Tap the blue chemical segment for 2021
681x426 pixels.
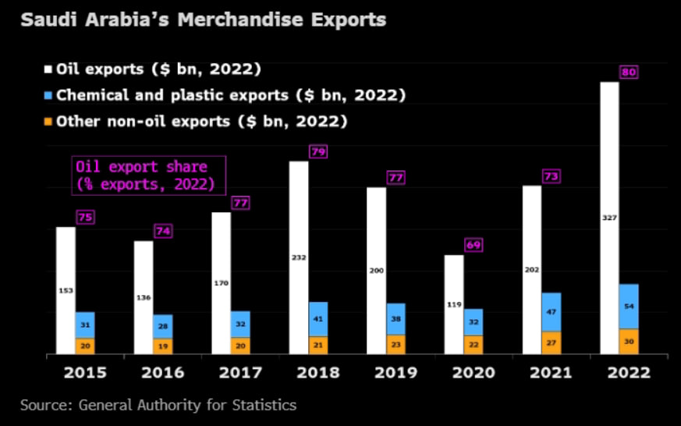pyautogui.click(x=552, y=312)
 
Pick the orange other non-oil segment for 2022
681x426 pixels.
pyautogui.click(x=629, y=341)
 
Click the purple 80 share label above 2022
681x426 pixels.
pyautogui.click(x=630, y=73)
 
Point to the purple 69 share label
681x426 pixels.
pyautogui.click(x=474, y=246)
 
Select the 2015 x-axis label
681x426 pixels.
pyautogui.click(x=86, y=372)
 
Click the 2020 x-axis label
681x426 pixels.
pyautogui.click(x=474, y=372)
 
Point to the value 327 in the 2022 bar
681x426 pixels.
pyautogui.click(x=609, y=218)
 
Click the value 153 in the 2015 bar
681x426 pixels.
pyautogui.click(x=66, y=290)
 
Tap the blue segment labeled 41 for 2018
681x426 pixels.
pyautogui.click(x=318, y=319)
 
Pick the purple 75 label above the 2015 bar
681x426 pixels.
pyautogui.click(x=85, y=218)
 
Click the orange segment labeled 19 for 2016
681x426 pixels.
pyautogui.click(x=163, y=346)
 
